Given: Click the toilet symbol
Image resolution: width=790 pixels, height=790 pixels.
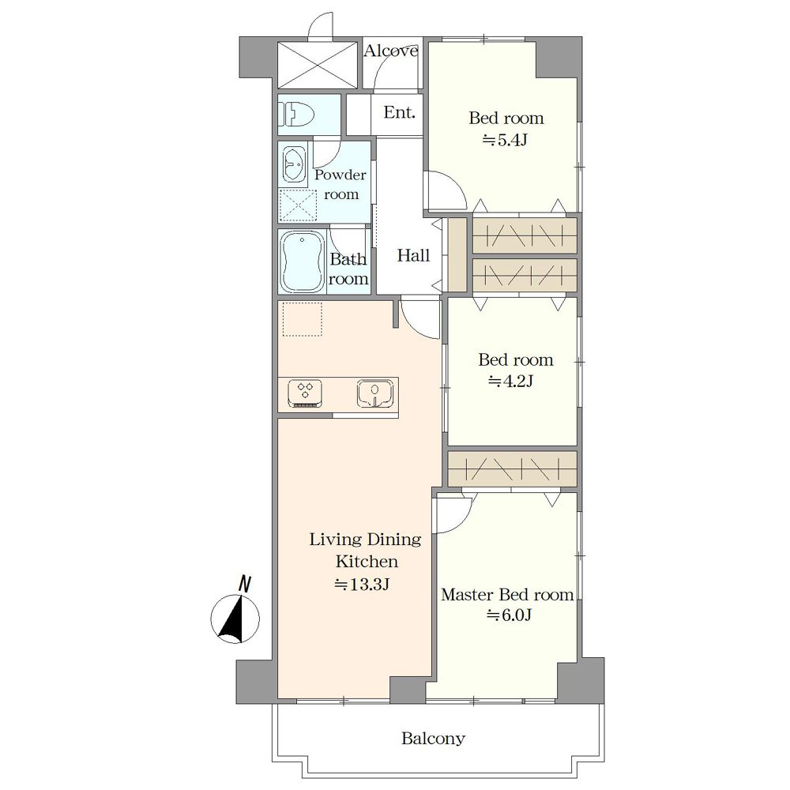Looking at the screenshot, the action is click(x=299, y=115).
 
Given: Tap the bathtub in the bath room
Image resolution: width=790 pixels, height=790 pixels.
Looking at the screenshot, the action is click(x=303, y=261).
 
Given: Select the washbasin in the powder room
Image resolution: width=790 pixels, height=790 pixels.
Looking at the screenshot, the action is click(x=294, y=164).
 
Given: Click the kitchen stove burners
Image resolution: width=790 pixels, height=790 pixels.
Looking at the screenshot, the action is click(x=305, y=393).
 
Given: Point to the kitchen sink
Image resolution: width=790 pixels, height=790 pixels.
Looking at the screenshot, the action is click(x=375, y=393).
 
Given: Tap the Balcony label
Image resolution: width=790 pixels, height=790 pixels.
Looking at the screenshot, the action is click(x=433, y=739).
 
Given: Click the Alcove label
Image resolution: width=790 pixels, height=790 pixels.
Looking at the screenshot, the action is click(x=391, y=51).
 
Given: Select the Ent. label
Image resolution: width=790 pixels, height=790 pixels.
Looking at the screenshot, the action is click(x=400, y=112).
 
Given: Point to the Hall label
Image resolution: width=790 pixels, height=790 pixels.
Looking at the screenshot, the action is click(x=414, y=255).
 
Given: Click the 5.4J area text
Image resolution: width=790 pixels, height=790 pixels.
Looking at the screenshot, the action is click(x=506, y=140).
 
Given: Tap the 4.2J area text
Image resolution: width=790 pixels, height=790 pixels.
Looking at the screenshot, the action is click(x=511, y=382).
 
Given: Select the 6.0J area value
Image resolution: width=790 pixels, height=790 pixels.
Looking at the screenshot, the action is click(x=510, y=615).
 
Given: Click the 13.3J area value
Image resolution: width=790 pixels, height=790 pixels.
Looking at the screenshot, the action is click(x=363, y=585).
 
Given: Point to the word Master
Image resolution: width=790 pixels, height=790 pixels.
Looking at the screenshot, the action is click(x=467, y=595).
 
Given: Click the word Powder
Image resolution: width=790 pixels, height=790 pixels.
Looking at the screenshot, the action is click(x=340, y=175).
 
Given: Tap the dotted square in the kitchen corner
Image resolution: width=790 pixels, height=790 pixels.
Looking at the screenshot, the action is click(x=303, y=319).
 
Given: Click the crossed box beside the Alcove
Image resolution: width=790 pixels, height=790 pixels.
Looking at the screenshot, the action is click(x=318, y=66).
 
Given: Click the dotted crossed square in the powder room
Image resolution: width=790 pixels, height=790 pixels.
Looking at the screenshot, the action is click(x=298, y=205).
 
